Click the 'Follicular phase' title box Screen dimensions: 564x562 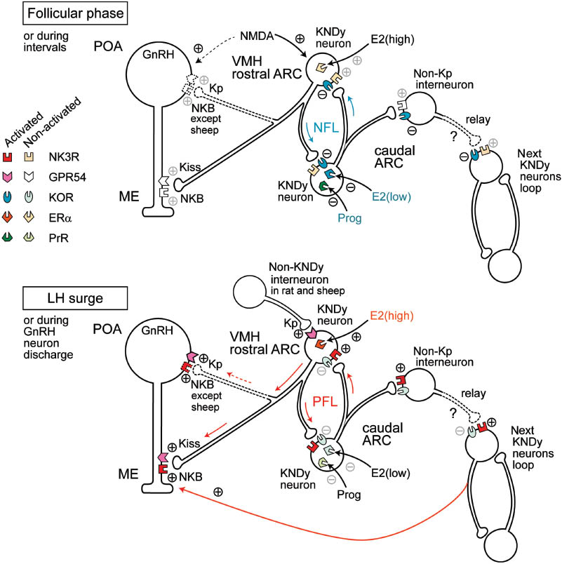[53, 13]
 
